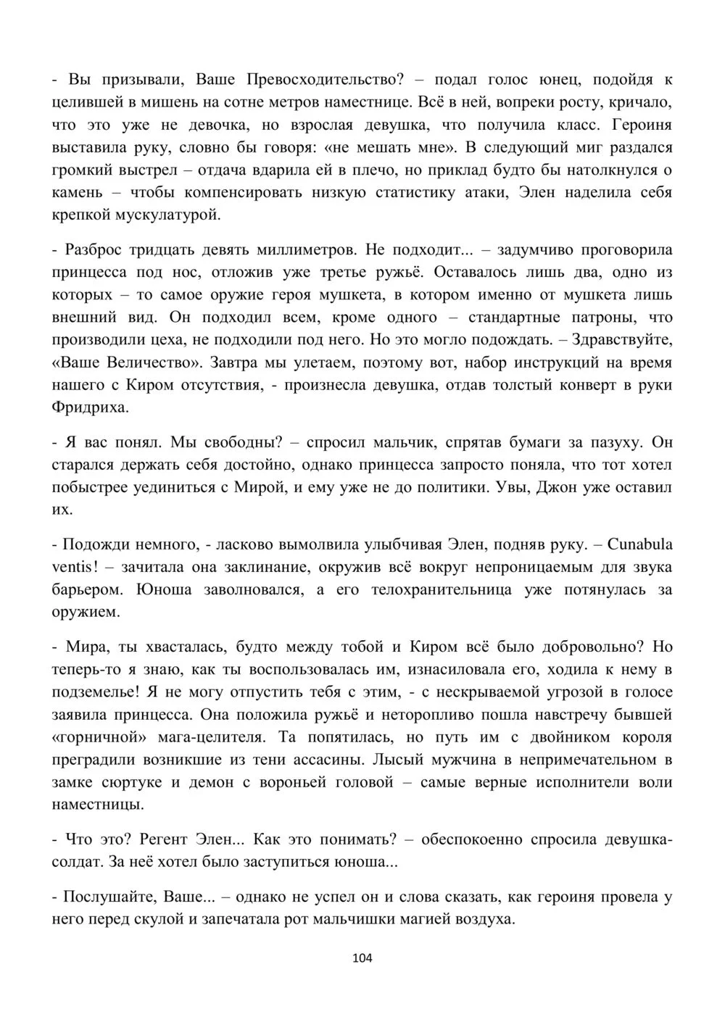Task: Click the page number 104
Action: coord(362,958)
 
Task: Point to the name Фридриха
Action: coord(91,407)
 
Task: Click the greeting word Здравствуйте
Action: coord(625,340)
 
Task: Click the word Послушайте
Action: coord(109,897)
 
